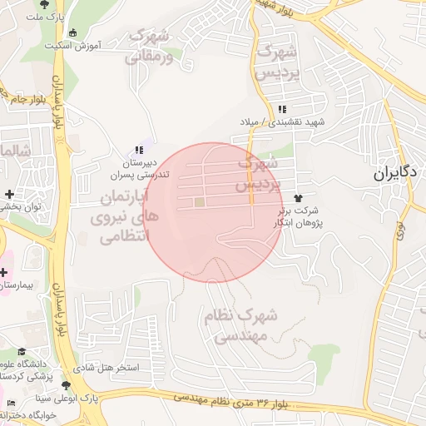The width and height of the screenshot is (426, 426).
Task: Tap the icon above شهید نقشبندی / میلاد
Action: point(282,109)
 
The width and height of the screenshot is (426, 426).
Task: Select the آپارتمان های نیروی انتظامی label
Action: point(122,218)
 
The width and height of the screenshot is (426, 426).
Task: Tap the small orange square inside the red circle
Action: point(199,202)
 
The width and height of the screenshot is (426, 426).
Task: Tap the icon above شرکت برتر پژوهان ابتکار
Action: point(298,199)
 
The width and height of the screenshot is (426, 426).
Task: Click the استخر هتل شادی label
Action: point(112,367)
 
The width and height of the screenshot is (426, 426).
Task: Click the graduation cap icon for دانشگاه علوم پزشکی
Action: point(22,352)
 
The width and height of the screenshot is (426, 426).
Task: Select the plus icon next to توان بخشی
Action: point(7,194)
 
